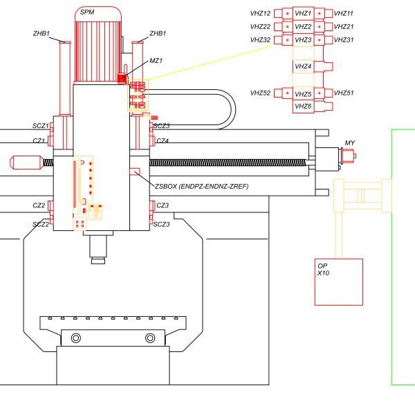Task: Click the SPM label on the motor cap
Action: (x=87, y=12)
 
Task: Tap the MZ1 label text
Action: (x=156, y=61)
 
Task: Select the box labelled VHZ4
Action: (x=304, y=66)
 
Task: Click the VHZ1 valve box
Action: (x=304, y=13)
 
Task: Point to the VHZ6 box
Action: (x=304, y=107)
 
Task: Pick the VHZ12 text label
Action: (x=260, y=13)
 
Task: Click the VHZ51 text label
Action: (x=344, y=93)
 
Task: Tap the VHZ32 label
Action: (x=260, y=40)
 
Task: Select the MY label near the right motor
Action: (x=349, y=143)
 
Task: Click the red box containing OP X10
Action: (x=339, y=282)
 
